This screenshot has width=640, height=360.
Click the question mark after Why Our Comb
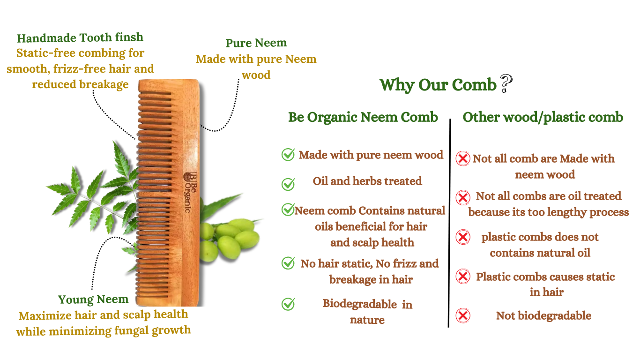(x=506, y=83)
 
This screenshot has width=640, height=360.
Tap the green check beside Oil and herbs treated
(x=288, y=184)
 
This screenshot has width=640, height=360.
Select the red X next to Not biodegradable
(x=463, y=315)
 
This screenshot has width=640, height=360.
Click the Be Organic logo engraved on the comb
(x=190, y=192)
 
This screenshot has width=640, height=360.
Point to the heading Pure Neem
(x=256, y=43)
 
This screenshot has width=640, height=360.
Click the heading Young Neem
(x=93, y=300)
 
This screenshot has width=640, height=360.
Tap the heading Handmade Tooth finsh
(x=80, y=37)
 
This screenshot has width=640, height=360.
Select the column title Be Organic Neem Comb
(x=363, y=117)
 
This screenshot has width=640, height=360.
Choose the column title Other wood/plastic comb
(x=543, y=117)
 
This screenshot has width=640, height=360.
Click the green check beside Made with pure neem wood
(x=288, y=154)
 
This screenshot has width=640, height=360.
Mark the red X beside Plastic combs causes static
(x=463, y=276)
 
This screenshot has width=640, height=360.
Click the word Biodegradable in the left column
(x=360, y=304)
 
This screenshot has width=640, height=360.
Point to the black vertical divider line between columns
(x=449, y=223)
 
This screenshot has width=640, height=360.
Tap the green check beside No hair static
(x=288, y=263)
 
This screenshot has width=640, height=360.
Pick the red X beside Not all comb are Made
(x=463, y=158)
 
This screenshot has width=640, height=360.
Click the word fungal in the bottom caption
(x=132, y=331)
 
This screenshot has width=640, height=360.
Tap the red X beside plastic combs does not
(x=463, y=237)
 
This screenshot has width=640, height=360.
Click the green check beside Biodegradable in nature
(x=288, y=304)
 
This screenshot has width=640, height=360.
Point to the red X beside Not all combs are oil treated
(x=463, y=197)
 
